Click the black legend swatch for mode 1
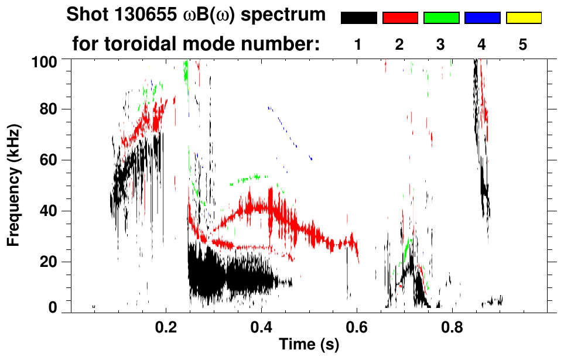358,18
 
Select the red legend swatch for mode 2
400,18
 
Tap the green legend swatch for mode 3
441,18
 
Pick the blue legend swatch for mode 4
482,18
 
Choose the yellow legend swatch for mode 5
523,18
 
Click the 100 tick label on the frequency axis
44,60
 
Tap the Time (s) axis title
309,345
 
